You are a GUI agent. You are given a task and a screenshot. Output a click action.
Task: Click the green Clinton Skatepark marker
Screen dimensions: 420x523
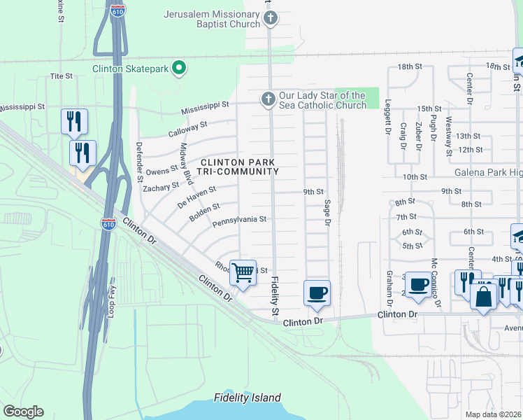tap(179, 68)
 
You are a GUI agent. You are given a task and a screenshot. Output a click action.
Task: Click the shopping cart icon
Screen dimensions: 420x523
tap(243, 272)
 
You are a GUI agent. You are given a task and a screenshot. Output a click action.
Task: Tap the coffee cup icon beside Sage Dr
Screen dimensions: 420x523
tap(316, 292)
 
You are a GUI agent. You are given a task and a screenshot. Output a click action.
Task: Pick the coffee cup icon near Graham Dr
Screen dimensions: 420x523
tap(418, 284)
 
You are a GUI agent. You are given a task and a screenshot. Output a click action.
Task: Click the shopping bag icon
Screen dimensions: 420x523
tap(483, 296)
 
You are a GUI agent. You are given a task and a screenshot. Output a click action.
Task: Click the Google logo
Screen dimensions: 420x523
tap(23, 411)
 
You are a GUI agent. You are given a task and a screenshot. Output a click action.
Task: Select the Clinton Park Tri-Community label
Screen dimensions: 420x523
tap(240, 167)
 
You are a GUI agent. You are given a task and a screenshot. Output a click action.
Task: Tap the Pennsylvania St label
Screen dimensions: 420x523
tap(240, 219)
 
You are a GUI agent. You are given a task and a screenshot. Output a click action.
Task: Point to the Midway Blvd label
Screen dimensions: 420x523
tap(187, 164)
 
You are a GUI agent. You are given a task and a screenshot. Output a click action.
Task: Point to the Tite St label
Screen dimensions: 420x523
tap(62, 76)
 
